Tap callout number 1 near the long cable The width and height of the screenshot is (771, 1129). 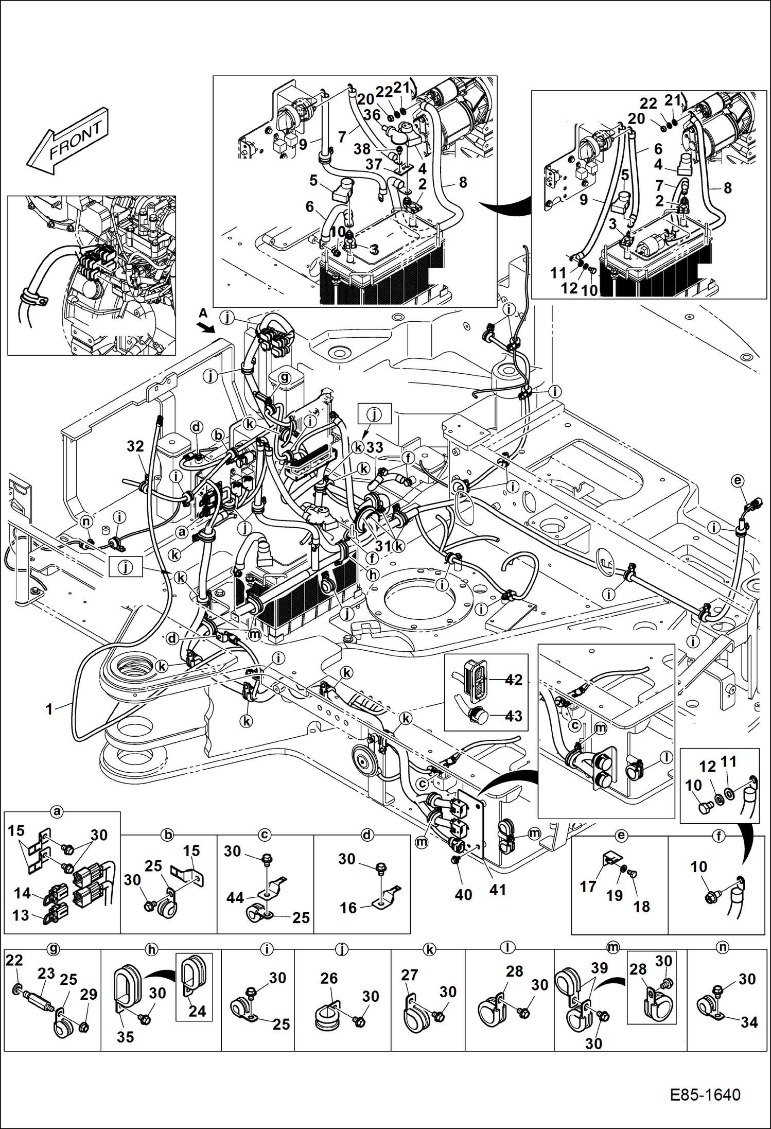(49, 709)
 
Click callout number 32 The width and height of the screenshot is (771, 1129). (135, 446)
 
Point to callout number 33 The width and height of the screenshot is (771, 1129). (375, 447)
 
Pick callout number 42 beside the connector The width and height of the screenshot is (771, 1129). (513, 680)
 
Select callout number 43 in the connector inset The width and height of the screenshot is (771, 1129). (513, 716)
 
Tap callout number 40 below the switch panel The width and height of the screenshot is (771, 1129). (463, 895)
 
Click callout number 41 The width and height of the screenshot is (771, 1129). (498, 890)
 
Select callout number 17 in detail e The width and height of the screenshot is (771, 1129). (588, 887)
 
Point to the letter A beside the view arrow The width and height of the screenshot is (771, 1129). (203, 313)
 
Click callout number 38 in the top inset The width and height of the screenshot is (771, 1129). (362, 149)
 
